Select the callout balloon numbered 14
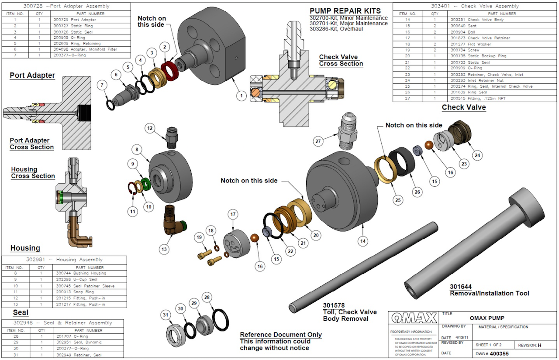362,240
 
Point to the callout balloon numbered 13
164,250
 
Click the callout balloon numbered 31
166,315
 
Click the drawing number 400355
496,353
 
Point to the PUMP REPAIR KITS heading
345,11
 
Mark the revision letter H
539,345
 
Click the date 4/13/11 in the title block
460,338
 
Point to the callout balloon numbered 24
477,154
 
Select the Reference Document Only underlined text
281,335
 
